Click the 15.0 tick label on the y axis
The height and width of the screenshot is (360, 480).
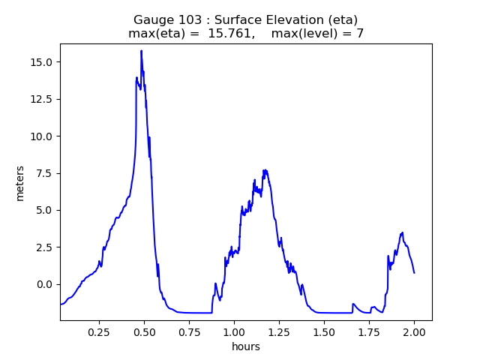(x=43, y=62)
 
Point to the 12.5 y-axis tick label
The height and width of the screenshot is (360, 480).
(x=43, y=99)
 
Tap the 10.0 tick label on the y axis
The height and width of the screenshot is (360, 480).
(x=43, y=136)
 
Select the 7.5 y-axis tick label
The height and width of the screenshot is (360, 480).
(x=46, y=173)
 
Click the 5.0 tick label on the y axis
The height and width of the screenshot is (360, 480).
(x=46, y=210)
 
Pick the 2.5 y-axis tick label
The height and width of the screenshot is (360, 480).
(x=46, y=247)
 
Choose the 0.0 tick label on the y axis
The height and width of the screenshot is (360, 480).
(x=46, y=284)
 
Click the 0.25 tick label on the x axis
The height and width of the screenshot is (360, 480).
(x=99, y=331)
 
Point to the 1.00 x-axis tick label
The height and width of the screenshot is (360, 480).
(x=234, y=331)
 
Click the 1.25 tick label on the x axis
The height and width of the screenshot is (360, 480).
(x=279, y=331)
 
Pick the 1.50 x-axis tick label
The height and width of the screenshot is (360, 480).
(x=324, y=331)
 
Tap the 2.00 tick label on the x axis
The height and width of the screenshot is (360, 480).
(x=414, y=331)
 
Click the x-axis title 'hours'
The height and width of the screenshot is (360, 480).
(x=246, y=346)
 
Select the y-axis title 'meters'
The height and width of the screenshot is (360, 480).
(x=20, y=183)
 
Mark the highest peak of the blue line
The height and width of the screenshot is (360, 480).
(x=141, y=51)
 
